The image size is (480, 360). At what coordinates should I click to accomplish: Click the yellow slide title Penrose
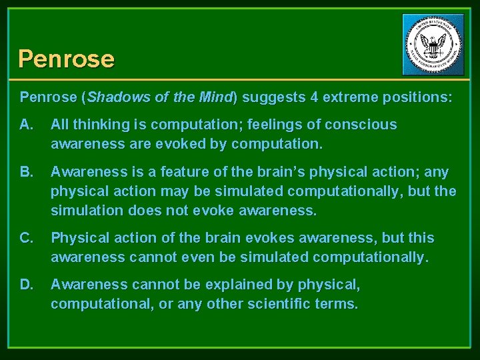(x=66, y=59)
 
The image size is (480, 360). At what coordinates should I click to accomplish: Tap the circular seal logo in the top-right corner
(x=433, y=45)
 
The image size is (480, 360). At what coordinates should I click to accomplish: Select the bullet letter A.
(x=26, y=125)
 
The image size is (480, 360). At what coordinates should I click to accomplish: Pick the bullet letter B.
(x=26, y=172)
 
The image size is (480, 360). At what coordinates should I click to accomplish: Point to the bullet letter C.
(x=26, y=238)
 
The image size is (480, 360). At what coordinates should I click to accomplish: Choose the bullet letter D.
(x=26, y=285)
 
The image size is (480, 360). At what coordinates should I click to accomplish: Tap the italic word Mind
(x=215, y=97)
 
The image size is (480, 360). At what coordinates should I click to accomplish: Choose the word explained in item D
(x=223, y=285)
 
